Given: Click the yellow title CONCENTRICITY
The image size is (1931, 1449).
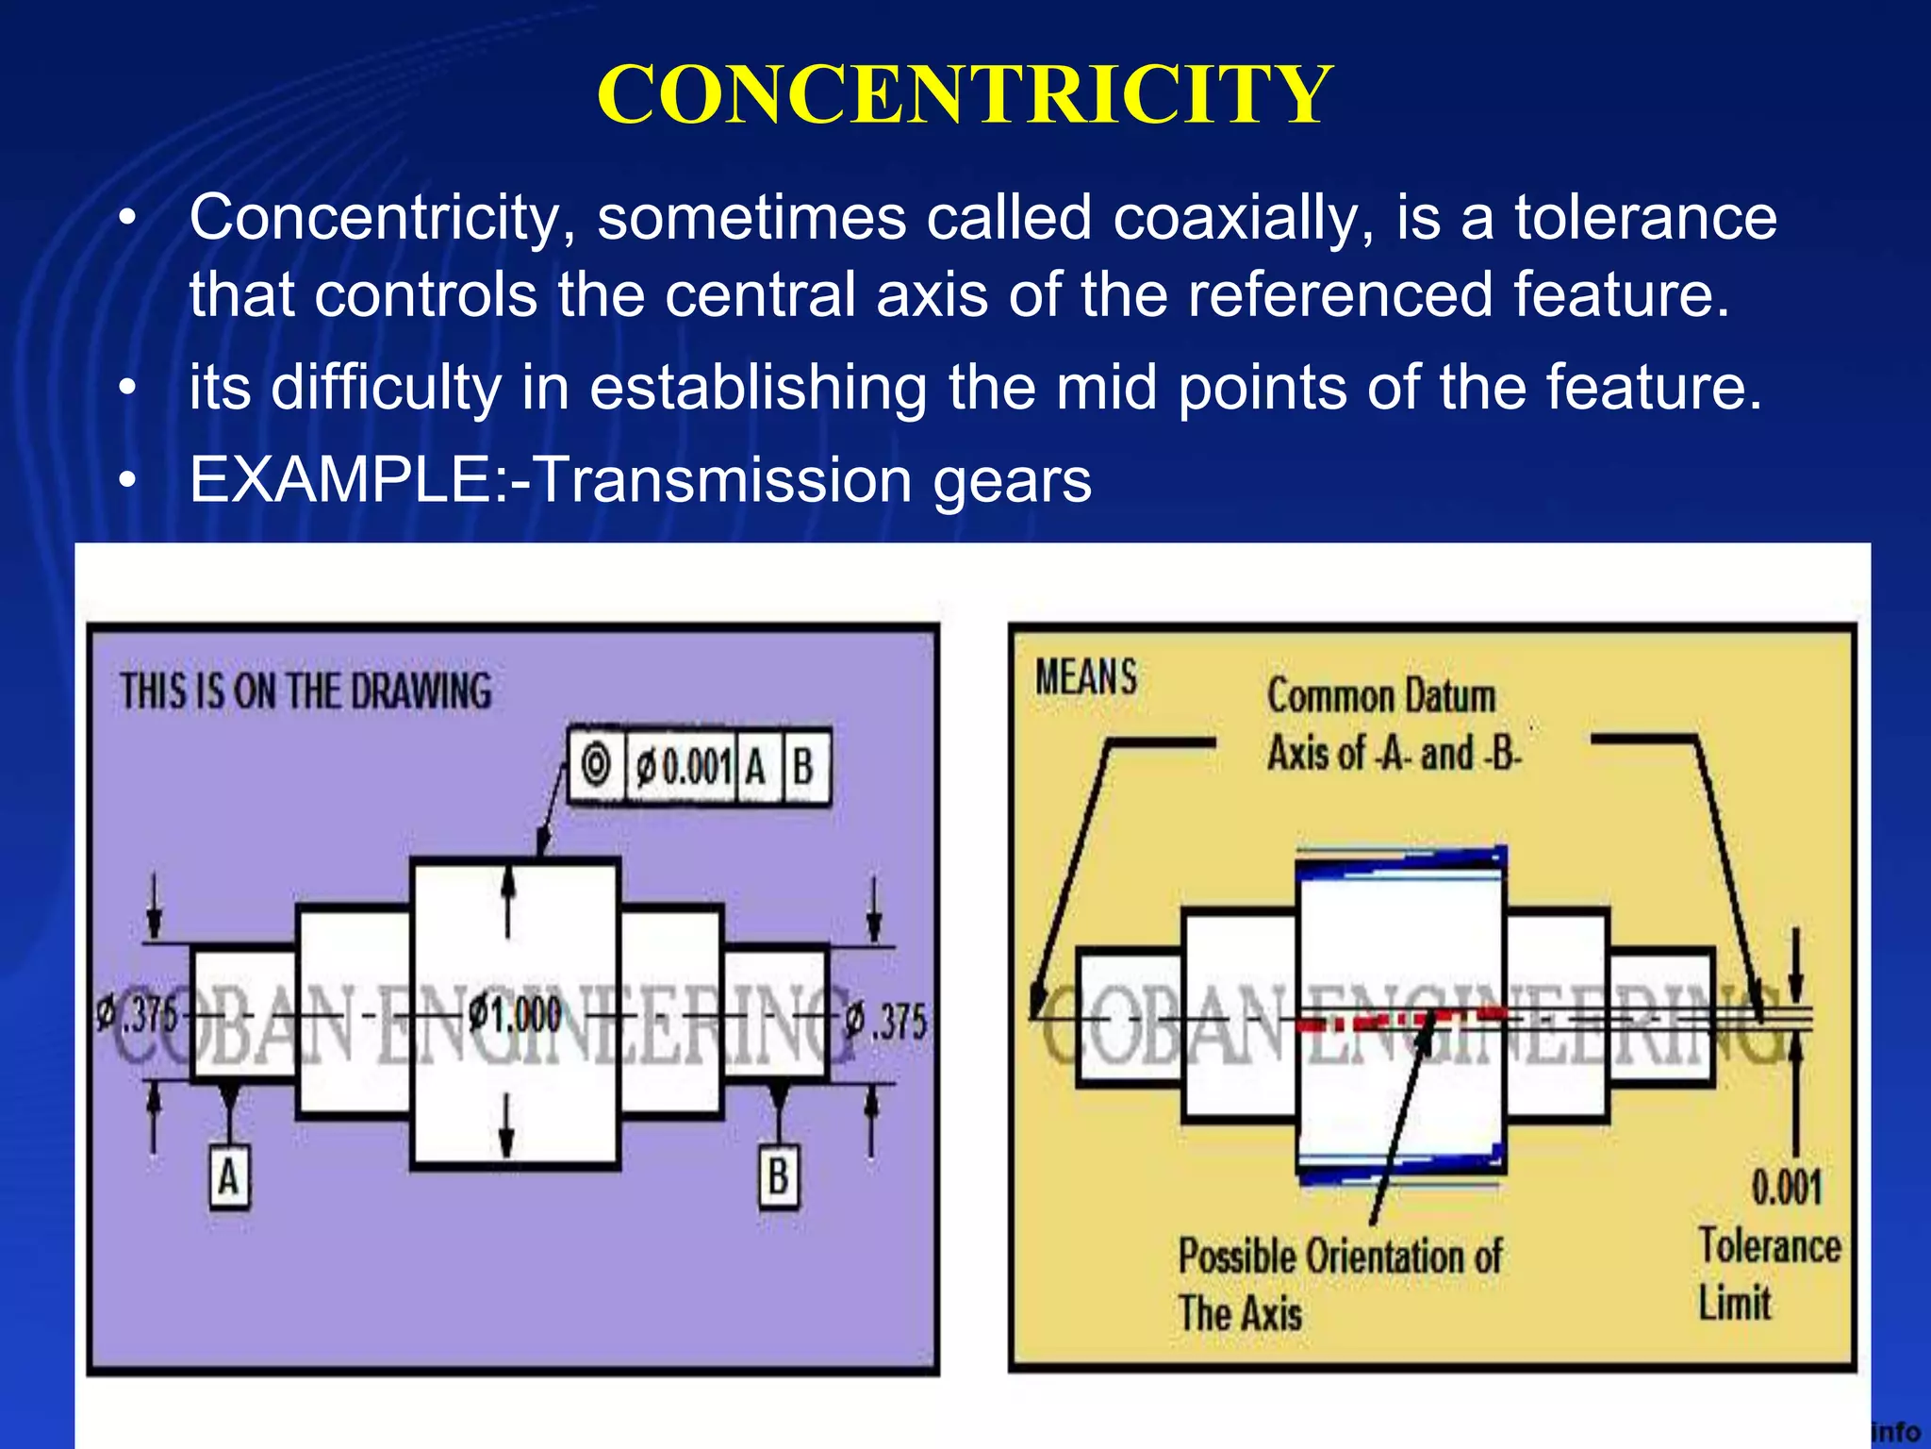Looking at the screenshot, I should (965, 94).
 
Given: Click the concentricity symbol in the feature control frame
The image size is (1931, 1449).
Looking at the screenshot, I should (596, 765).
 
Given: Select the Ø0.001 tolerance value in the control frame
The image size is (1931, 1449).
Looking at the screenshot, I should (683, 767).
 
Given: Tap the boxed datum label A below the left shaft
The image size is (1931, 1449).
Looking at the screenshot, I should (229, 1176).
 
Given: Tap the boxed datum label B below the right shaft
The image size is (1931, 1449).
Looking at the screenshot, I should (778, 1176).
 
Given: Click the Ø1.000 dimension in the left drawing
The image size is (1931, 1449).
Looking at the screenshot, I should (515, 1015).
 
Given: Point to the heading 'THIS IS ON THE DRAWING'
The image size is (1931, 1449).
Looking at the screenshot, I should (305, 691).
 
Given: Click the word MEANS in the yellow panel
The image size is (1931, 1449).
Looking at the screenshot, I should (1086, 677).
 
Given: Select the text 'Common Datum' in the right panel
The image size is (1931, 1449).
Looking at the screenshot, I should (1381, 696).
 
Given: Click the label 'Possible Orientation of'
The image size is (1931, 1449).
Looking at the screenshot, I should (1340, 1257).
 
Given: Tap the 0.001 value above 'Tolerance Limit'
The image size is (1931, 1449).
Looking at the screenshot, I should (1787, 1187).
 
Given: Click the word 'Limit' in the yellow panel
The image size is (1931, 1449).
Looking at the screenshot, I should (1735, 1304).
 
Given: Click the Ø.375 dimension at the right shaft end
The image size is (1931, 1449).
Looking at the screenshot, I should (886, 1020).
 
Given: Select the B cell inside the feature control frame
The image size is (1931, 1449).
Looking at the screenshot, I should (803, 766).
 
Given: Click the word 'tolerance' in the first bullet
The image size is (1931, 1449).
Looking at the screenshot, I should (1645, 218).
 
